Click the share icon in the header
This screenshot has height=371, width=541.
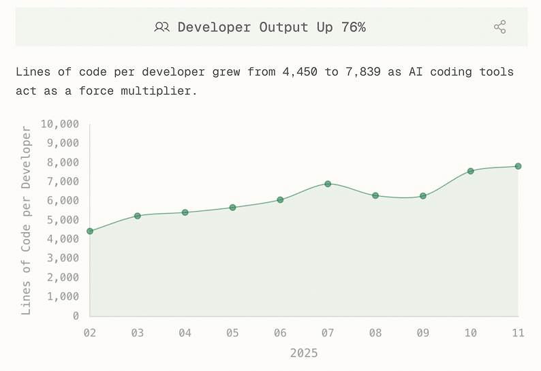click(499, 27)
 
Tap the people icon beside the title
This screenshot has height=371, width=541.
click(161, 27)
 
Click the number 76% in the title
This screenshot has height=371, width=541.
click(354, 27)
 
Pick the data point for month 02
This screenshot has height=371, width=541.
click(89, 231)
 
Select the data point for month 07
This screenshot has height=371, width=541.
click(328, 184)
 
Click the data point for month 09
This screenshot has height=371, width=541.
click(423, 196)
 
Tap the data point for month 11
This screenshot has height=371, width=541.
click(518, 166)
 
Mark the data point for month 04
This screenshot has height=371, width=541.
click(185, 212)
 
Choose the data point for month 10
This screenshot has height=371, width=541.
click(470, 171)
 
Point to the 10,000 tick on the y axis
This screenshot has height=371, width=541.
click(59, 124)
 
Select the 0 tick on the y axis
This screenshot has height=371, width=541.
click(75, 316)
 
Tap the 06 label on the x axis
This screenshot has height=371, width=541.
click(280, 333)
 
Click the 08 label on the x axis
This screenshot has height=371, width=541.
click(375, 333)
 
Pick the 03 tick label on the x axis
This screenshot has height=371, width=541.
click(137, 333)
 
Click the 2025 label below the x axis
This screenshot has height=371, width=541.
click(304, 353)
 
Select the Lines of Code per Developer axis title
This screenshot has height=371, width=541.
click(27, 220)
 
